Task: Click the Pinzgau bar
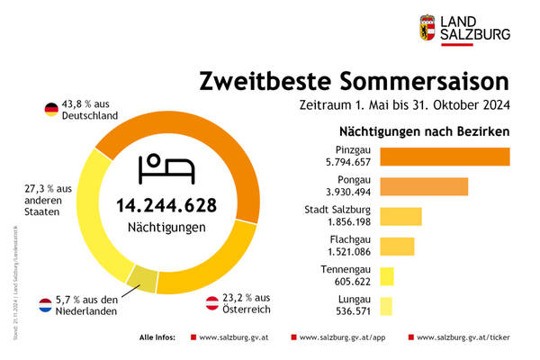(x=445, y=156)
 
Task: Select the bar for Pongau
(x=424, y=186)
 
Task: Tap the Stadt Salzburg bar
(x=400, y=217)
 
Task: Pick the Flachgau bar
(x=397, y=246)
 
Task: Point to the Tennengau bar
(x=387, y=276)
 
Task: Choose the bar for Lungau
(x=386, y=306)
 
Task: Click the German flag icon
(x=51, y=110)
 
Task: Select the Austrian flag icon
(x=213, y=302)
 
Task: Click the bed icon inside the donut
(x=166, y=167)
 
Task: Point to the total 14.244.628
(x=166, y=205)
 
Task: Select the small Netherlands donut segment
(x=141, y=280)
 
